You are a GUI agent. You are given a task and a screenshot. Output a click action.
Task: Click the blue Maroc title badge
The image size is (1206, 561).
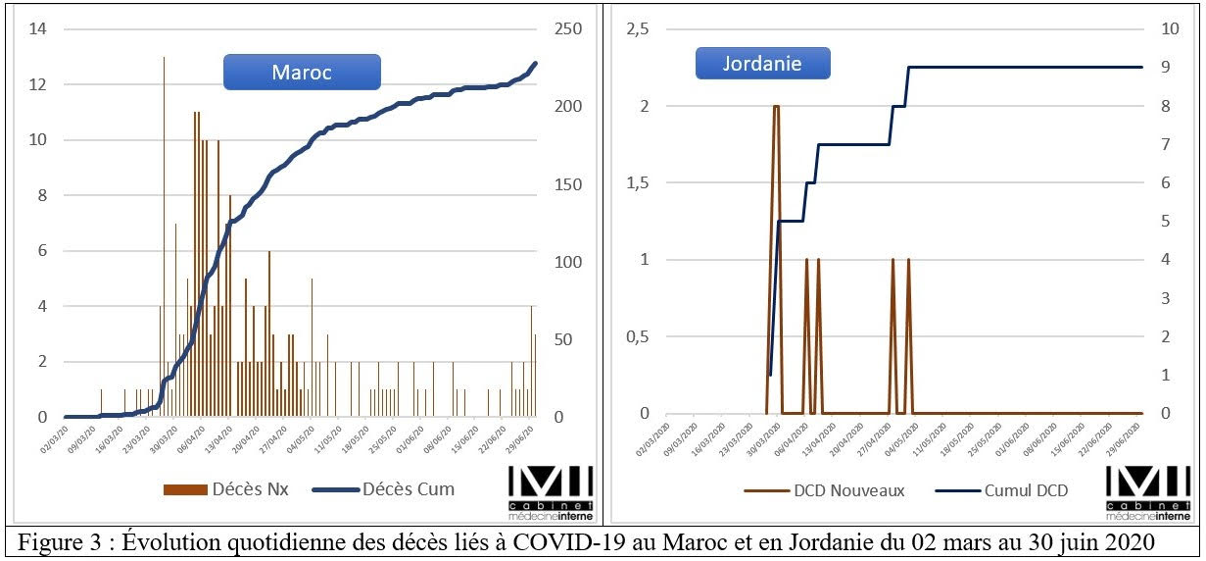[301, 73]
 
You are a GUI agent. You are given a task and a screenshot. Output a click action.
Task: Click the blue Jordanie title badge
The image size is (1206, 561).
[762, 64]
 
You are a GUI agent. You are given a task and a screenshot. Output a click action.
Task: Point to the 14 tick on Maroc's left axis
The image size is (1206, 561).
[38, 29]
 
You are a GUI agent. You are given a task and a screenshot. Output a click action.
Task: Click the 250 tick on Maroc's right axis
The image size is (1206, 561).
[567, 29]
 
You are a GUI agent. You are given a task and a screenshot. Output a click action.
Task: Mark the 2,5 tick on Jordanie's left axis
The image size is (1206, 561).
[637, 29]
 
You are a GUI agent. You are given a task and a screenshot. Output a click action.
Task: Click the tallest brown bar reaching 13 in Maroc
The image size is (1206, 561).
[164, 235]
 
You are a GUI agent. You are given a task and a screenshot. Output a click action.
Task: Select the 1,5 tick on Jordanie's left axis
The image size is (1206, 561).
[637, 183]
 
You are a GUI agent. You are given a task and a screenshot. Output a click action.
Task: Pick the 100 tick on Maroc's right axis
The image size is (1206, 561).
[567, 262]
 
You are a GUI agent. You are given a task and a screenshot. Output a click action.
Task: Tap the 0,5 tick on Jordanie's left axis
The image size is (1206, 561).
[637, 337]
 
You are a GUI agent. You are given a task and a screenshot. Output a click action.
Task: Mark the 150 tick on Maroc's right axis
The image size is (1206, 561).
[567, 184]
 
